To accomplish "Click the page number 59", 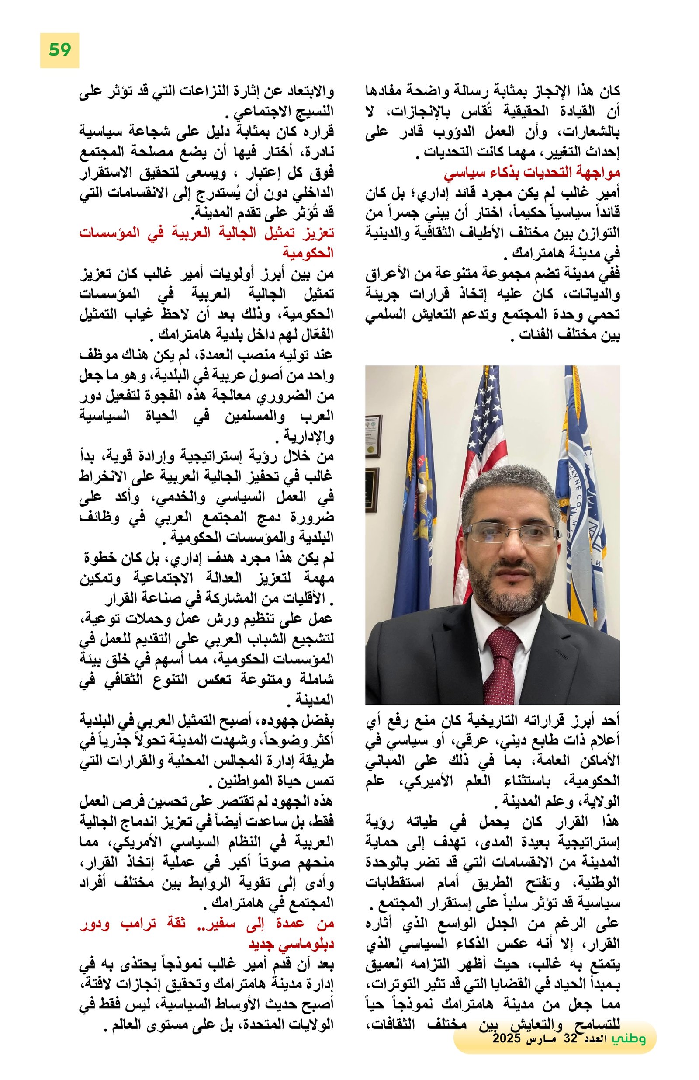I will (x=59, y=50).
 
